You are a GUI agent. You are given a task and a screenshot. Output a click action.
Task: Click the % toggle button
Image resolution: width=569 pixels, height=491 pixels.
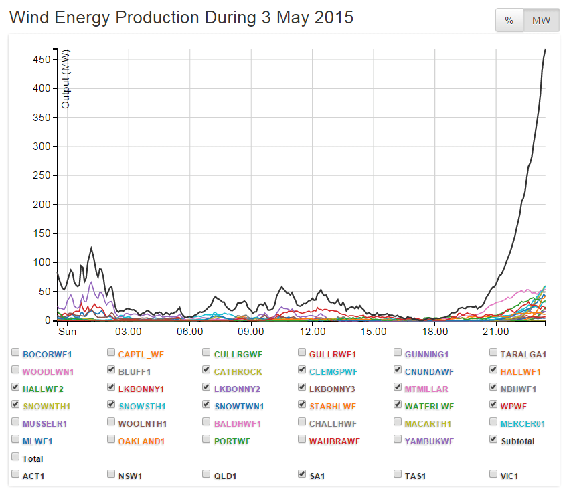(x=509, y=21)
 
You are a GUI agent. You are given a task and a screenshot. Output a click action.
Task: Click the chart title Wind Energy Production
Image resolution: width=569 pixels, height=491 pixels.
(x=181, y=18)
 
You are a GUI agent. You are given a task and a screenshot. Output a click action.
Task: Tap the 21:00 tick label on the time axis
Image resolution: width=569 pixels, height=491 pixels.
(x=496, y=331)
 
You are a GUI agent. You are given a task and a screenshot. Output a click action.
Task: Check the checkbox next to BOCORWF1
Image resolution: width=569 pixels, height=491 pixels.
(x=15, y=353)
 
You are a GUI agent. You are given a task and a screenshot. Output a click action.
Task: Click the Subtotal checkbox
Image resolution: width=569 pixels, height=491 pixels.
(x=494, y=439)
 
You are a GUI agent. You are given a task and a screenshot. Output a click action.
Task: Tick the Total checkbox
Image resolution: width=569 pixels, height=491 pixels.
(x=15, y=457)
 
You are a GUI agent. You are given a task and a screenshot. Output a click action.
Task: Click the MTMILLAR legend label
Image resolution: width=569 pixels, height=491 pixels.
(x=426, y=388)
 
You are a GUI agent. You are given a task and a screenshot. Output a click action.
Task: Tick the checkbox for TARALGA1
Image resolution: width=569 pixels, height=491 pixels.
(x=494, y=353)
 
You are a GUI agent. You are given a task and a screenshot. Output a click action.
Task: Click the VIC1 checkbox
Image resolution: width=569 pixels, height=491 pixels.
(x=494, y=474)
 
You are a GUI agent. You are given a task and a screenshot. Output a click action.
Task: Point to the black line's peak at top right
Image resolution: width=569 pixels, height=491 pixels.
(x=546, y=50)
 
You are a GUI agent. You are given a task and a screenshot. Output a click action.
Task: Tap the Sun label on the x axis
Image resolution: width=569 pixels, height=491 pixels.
(x=67, y=331)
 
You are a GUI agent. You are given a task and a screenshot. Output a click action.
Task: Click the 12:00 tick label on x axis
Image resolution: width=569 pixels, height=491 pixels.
(x=313, y=331)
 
